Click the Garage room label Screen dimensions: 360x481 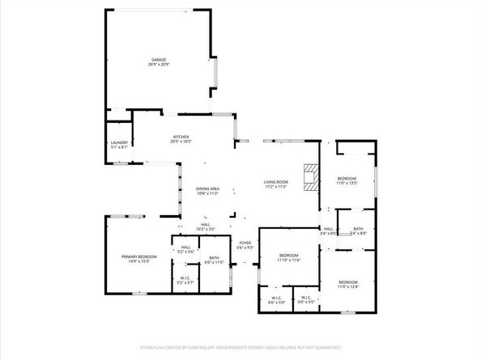click(158, 59)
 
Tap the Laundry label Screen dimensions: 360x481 click(119, 142)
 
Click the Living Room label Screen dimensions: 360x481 click(276, 182)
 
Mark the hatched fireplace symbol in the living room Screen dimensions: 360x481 click(309, 176)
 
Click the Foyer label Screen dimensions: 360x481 click(245, 242)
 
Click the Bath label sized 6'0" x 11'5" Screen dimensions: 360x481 click(213, 258)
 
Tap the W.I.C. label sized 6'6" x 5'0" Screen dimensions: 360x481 click(275, 298)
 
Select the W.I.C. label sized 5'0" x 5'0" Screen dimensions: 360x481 click(306, 298)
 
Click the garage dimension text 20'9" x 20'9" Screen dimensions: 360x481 click(158, 65)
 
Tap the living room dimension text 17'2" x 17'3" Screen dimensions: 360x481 click(276, 188)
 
